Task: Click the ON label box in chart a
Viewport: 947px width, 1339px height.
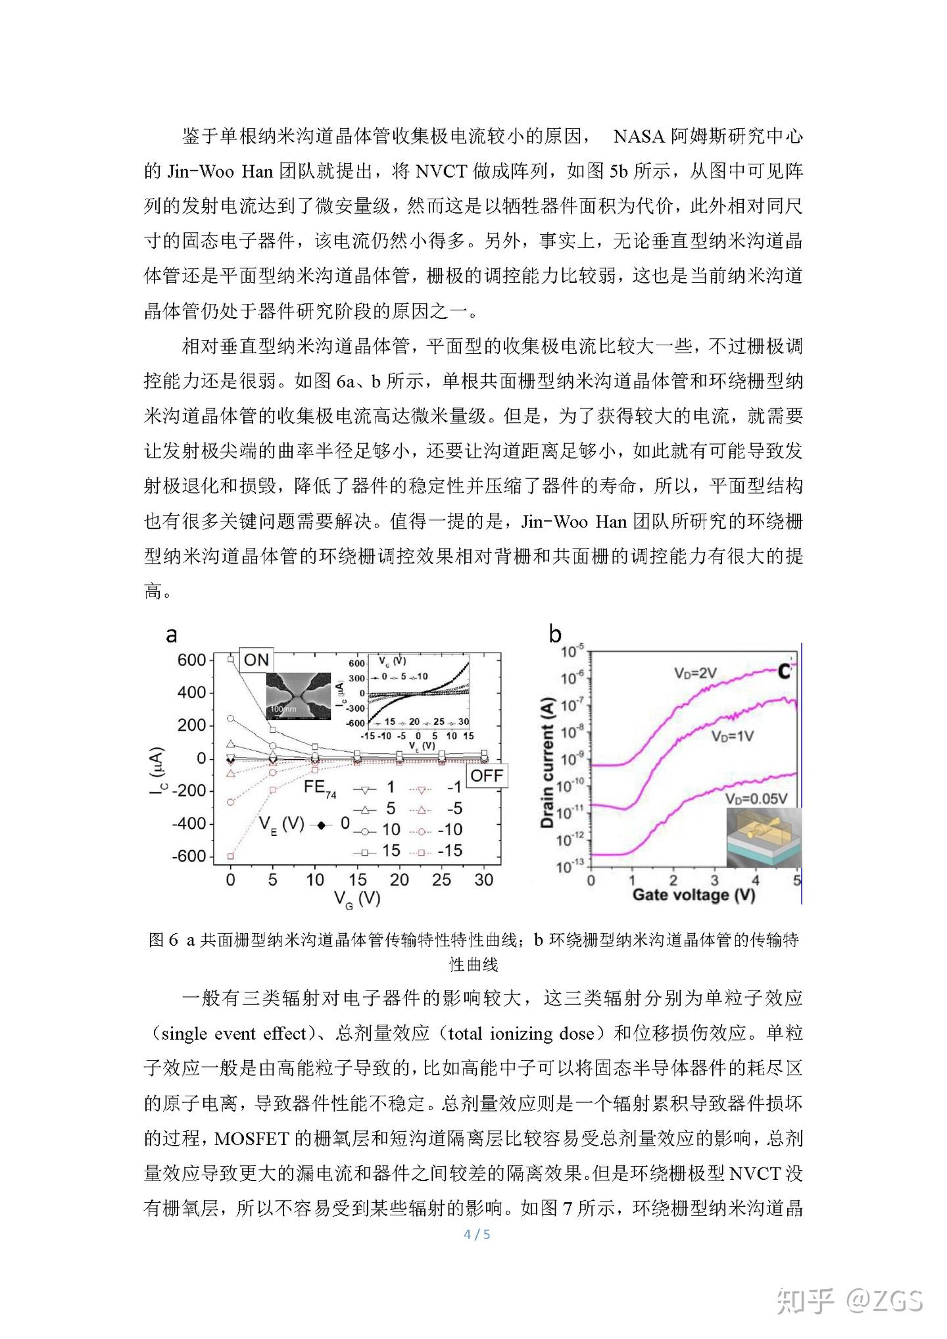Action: (x=256, y=660)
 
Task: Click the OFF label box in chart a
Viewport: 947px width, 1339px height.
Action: (x=487, y=775)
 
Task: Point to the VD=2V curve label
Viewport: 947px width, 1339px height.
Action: (x=694, y=673)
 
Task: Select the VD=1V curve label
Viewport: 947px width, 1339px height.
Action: (x=732, y=737)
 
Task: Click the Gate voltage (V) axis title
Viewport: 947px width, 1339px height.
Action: (x=693, y=895)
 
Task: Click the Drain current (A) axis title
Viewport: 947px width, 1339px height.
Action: (x=547, y=762)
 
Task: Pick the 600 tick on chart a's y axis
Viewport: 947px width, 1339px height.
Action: (x=191, y=660)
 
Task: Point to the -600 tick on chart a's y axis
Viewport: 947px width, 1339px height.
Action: (x=189, y=856)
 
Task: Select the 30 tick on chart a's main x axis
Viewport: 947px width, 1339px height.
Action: (x=483, y=880)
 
